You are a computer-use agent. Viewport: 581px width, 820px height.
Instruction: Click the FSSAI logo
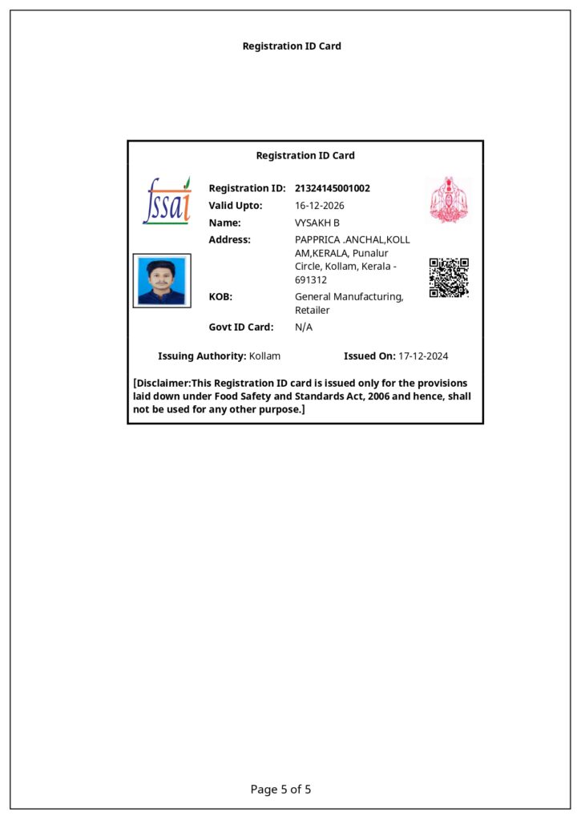point(167,200)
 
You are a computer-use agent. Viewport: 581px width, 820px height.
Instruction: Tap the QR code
point(449,278)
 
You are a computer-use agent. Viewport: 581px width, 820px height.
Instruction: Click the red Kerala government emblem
point(448,199)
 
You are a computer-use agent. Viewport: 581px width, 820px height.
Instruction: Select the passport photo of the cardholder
point(162,281)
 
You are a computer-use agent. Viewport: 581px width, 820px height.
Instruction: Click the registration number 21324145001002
point(333,188)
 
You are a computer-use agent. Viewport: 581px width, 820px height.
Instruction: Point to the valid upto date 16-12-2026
point(320,206)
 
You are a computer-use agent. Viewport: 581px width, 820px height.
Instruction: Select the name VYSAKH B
point(317,223)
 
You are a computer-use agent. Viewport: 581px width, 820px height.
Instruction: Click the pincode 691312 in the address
point(311,280)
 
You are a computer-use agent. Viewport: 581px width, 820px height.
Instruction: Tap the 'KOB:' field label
point(220,297)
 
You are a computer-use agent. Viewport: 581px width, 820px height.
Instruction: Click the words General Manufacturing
point(349,297)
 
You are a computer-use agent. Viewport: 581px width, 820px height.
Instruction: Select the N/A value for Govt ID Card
point(304,327)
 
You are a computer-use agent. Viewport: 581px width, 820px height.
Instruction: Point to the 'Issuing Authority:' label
point(202,356)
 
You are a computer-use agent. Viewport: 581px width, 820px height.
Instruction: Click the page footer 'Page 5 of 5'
point(280,790)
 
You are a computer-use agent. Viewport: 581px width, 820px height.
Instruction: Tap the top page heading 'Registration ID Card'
point(292,46)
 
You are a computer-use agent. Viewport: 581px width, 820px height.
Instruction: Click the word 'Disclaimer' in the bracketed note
point(164,383)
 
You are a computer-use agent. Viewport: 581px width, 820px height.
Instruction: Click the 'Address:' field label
point(229,239)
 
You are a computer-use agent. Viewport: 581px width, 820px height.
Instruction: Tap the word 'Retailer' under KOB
point(312,310)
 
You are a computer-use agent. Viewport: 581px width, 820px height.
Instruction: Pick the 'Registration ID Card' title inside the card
point(305,155)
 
